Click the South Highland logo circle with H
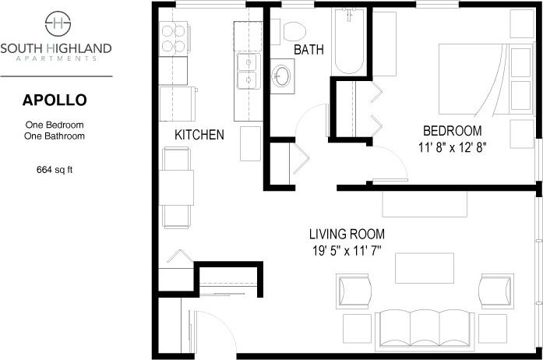pyautogui.click(x=55, y=23)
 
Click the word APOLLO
pyautogui.click(x=55, y=100)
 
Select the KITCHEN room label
pyautogui.click(x=199, y=135)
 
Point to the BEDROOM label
pyautogui.click(x=452, y=130)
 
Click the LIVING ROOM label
pyautogui.click(x=346, y=234)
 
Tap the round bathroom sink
pyautogui.click(x=282, y=76)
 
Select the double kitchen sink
pyautogui.click(x=248, y=70)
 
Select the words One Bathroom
pyautogui.click(x=55, y=136)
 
